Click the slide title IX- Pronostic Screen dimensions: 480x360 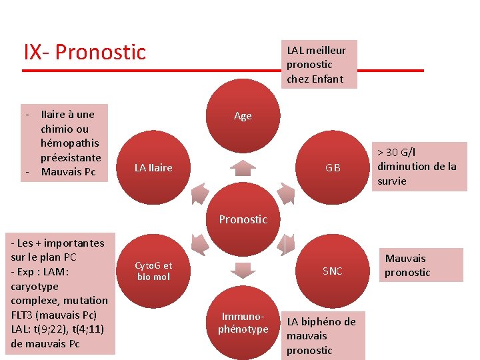pyautogui.click(x=85, y=52)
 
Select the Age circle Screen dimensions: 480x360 pyautogui.click(x=243, y=116)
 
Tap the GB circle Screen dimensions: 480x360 pyautogui.click(x=332, y=168)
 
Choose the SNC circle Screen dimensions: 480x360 pyautogui.click(x=332, y=271)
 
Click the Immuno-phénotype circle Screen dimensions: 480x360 pyautogui.click(x=243, y=323)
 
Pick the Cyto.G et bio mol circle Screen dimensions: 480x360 pyautogui.click(x=153, y=271)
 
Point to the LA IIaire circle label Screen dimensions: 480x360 pyautogui.click(x=153, y=168)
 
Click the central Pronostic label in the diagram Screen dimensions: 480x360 pyautogui.click(x=243, y=219)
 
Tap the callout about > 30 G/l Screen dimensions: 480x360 pyautogui.click(x=420, y=167)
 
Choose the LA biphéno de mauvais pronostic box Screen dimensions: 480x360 pyautogui.click(x=322, y=336)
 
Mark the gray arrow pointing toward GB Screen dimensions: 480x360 pyautogui.click(x=286, y=193)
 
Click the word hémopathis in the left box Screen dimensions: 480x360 pyautogui.click(x=69, y=143)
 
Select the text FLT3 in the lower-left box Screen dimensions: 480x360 pyautogui.click(x=24, y=315)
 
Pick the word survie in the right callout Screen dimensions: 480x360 pyautogui.click(x=391, y=181)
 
